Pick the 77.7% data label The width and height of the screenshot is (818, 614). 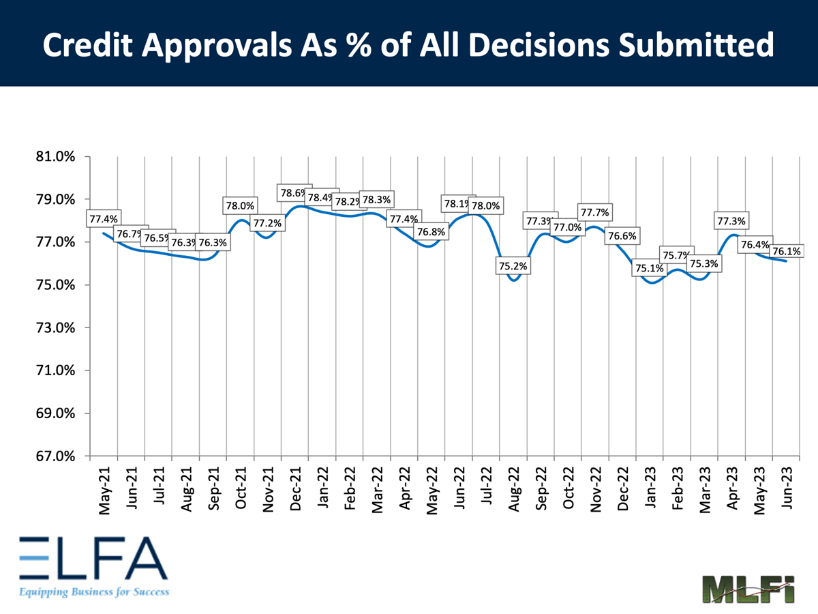(594, 211)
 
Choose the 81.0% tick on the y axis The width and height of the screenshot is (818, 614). (57, 157)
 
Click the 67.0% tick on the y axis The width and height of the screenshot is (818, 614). (57, 456)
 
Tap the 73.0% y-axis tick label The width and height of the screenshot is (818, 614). (57, 327)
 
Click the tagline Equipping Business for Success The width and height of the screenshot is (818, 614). (93, 591)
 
